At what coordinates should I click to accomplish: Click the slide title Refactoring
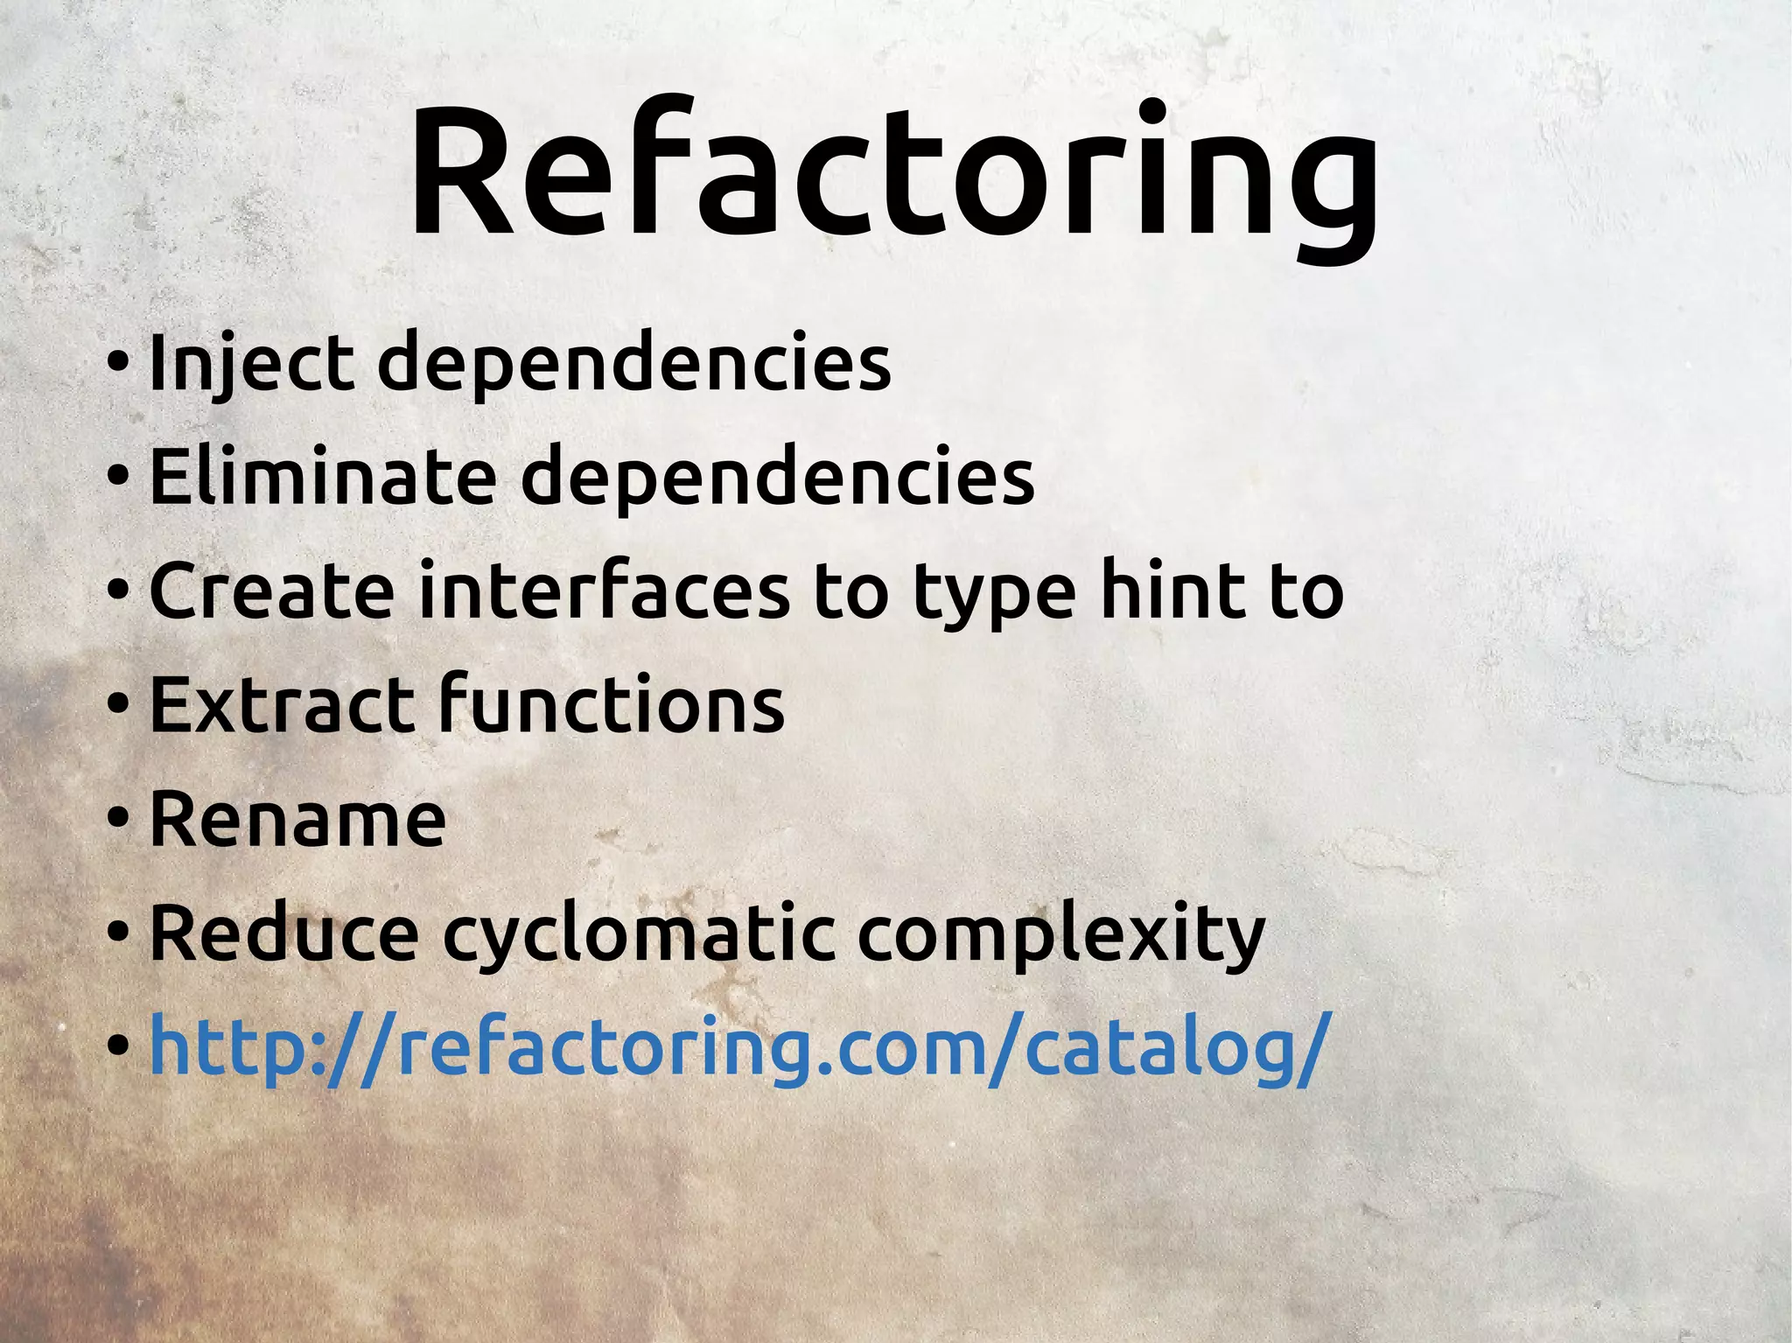point(892,175)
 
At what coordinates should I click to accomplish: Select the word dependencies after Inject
point(633,362)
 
